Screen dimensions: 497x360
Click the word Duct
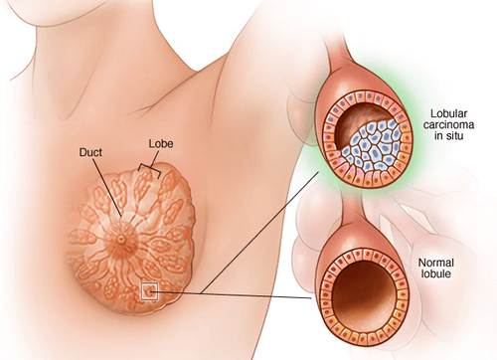[92, 153]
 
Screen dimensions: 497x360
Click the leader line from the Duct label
[107, 189]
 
